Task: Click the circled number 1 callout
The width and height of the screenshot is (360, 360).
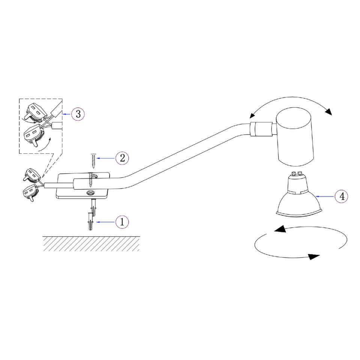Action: pos(122,222)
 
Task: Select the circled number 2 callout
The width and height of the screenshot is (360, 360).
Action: pos(122,158)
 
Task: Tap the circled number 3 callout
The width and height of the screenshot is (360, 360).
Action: pos(78,114)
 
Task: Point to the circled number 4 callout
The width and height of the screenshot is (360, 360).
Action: pos(342,196)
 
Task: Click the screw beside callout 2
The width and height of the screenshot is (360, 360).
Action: pos(93,161)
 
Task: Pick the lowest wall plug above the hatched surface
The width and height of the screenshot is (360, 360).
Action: pos(90,222)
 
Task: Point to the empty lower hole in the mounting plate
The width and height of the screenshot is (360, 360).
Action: pos(90,192)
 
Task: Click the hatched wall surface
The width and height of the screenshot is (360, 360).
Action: pos(91,243)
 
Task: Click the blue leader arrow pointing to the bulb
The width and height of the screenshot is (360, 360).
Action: pos(325,196)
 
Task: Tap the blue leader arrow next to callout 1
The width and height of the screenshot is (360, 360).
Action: pos(106,222)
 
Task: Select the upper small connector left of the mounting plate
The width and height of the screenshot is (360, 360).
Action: pos(32,175)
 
